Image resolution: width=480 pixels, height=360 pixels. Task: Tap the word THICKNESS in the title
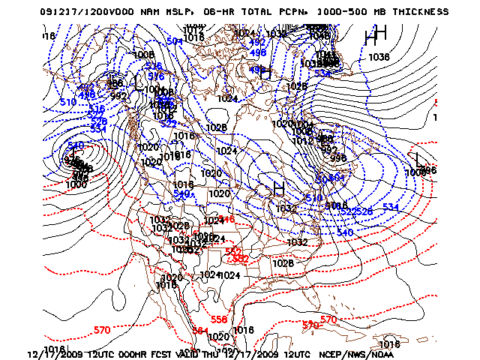[418, 12]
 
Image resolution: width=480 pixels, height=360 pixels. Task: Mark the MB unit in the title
[377, 12]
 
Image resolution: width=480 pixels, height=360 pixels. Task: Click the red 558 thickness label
[218, 319]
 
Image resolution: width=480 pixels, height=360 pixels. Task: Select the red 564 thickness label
[199, 330]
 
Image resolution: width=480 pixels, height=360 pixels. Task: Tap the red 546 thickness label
[226, 219]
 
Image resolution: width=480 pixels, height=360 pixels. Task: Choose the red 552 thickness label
[233, 251]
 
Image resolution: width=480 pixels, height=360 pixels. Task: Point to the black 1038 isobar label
[379, 57]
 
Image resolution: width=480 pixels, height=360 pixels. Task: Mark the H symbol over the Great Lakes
[278, 187]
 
